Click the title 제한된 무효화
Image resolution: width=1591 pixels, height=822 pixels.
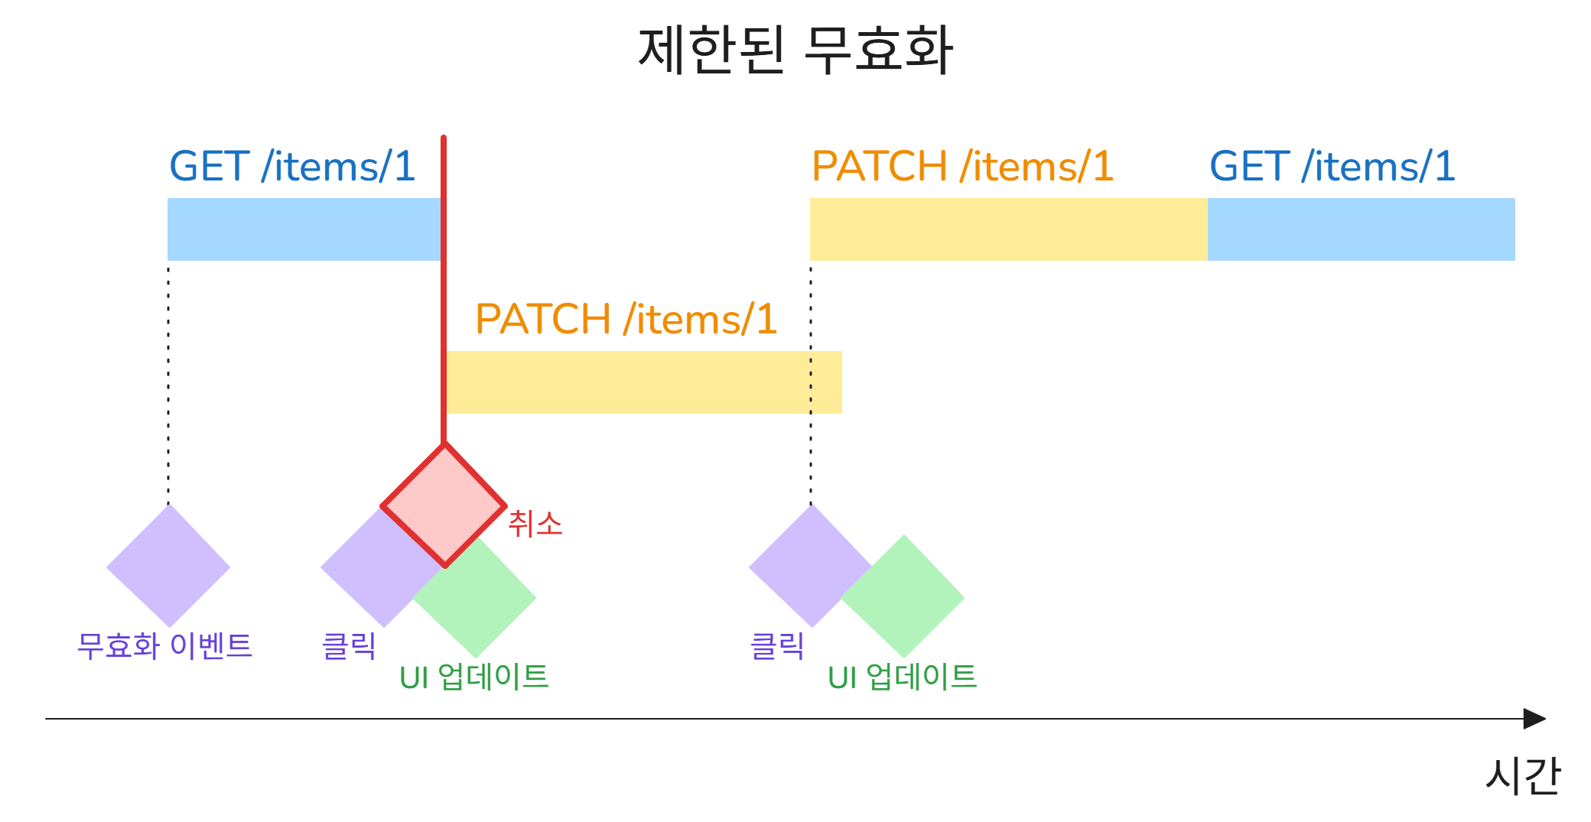(x=795, y=50)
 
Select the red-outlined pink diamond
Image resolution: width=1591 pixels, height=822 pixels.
(x=444, y=505)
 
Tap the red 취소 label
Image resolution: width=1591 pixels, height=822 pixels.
(x=535, y=524)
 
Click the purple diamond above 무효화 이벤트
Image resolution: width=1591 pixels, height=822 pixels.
(x=168, y=566)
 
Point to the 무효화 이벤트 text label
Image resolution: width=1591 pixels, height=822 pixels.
(x=164, y=646)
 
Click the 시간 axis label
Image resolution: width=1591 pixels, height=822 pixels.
(x=1523, y=775)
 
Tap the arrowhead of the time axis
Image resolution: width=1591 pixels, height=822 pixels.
(x=1535, y=719)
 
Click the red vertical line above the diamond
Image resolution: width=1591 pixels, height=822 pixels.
(x=444, y=290)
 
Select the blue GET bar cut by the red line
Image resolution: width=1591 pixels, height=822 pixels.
(x=304, y=229)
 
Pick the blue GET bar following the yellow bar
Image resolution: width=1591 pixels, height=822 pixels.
(x=1362, y=229)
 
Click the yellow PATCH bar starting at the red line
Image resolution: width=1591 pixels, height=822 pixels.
(x=644, y=382)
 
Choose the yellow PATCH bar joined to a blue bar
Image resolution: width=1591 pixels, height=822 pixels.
(x=1009, y=229)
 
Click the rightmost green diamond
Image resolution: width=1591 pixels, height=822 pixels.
(x=903, y=596)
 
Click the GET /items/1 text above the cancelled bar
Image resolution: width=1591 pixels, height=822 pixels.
(x=292, y=166)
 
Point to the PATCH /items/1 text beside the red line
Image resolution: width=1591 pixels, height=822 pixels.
(x=626, y=319)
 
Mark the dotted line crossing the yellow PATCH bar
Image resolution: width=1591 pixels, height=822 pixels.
(x=811, y=382)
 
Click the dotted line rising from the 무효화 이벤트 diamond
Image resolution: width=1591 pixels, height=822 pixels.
(x=168, y=382)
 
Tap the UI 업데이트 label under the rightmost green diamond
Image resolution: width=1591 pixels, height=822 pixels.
(x=903, y=677)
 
